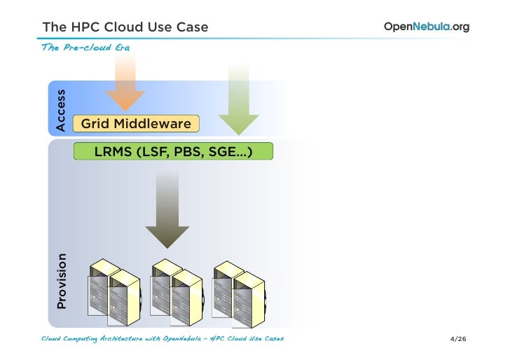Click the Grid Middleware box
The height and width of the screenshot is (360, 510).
pos(136,124)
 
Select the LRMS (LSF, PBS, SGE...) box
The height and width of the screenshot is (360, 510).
pos(173,151)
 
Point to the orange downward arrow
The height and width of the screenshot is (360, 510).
pos(125,88)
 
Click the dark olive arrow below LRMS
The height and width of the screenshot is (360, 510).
pos(166,210)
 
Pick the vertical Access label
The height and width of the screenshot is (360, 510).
pos(60,110)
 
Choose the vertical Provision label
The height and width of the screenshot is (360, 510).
pos(62,280)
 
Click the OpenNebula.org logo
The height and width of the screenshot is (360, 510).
pos(426,27)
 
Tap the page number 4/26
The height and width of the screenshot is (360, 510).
pos(459,340)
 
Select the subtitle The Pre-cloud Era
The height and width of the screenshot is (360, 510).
pos(85,47)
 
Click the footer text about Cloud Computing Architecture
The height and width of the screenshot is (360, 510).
pos(163,340)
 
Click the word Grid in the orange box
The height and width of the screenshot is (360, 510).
pos(95,124)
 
